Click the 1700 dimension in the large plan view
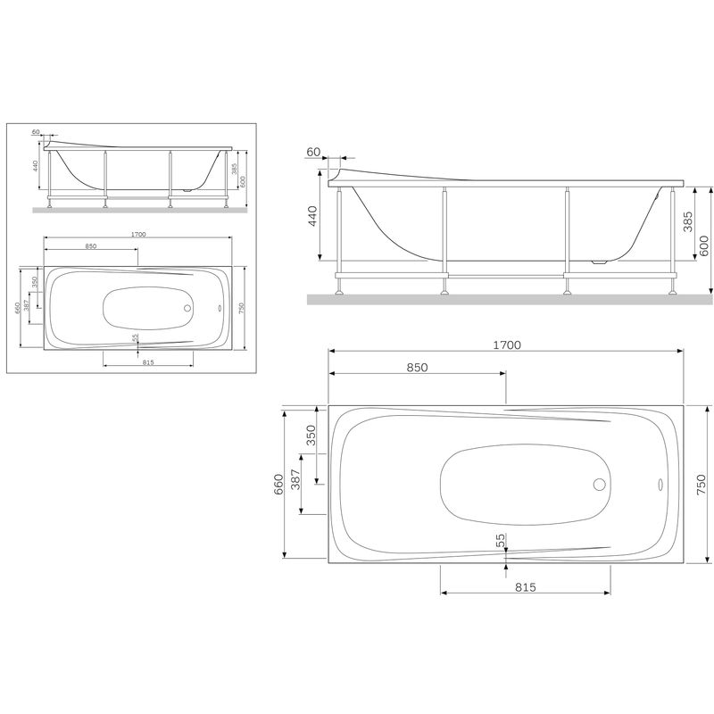pos(506,344)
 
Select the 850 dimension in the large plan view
pos(418,368)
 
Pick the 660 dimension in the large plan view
pos(278,483)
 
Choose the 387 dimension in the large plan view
pos(296,483)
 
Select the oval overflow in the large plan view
pos(660,486)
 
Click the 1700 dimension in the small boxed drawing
pos(137,234)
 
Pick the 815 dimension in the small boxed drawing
pos(148,361)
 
